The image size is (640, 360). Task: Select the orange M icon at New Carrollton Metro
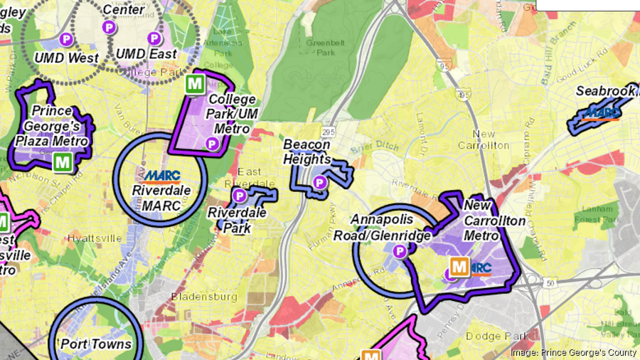(x=459, y=268)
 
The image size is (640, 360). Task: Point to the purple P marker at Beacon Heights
(x=320, y=182)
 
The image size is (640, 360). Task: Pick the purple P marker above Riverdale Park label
(x=240, y=195)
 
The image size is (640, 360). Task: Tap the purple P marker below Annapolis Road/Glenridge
(x=400, y=250)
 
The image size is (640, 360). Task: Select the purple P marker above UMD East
(x=154, y=37)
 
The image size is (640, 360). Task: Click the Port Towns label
(x=96, y=344)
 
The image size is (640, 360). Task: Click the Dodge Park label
(x=497, y=335)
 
